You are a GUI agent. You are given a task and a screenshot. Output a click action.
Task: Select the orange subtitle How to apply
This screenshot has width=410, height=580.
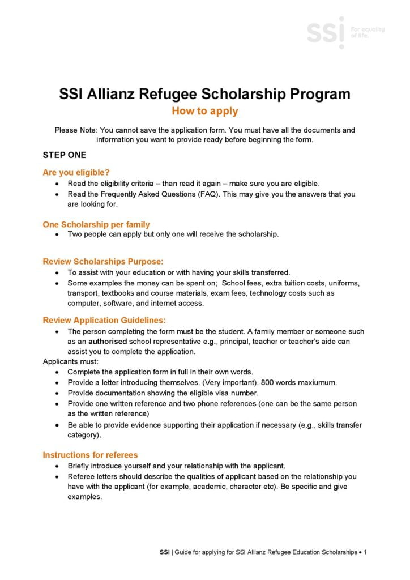(204, 111)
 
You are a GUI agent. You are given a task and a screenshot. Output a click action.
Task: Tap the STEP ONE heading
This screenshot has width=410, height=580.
(65, 154)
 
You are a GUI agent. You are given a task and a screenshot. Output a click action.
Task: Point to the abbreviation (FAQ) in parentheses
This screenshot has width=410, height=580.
(207, 194)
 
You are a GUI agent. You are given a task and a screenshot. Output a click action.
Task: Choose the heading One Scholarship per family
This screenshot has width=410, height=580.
(96, 224)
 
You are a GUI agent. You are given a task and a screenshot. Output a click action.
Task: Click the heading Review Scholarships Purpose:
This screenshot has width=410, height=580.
(103, 261)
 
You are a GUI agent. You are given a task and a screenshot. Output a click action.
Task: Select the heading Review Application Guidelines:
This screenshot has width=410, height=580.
(104, 320)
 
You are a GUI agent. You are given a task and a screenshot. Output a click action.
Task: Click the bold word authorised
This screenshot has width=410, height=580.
(108, 342)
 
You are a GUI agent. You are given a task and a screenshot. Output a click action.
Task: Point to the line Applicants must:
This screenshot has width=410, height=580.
(71, 361)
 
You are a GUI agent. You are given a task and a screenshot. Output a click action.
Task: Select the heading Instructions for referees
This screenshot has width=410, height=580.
(90, 455)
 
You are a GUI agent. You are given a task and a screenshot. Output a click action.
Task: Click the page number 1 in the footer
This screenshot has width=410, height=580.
(366, 551)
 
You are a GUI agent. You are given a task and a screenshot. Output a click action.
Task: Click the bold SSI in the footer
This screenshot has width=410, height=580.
(164, 551)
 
